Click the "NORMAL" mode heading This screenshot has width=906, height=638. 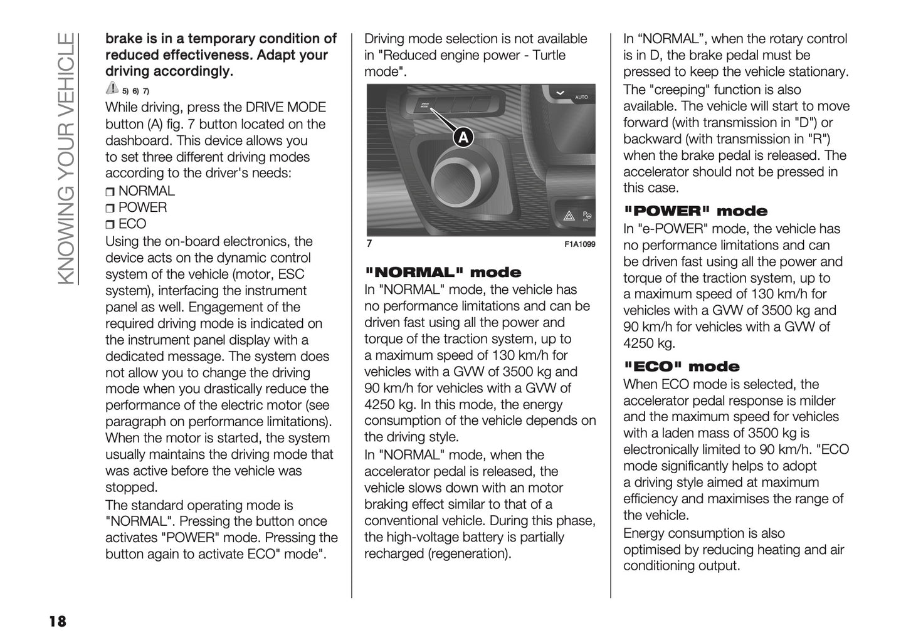coord(443,273)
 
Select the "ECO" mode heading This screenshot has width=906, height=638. coord(682,367)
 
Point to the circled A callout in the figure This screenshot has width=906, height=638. coord(463,137)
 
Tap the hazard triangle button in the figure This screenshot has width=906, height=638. coord(569,216)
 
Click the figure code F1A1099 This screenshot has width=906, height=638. coord(579,244)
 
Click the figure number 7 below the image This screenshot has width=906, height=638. coord(369,244)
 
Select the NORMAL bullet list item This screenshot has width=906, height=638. coord(146,191)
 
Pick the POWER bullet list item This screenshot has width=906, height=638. coord(142,207)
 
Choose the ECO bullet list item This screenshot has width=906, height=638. coord(132,224)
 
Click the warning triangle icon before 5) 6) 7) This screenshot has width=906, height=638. coord(112,88)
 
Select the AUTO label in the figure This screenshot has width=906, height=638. coord(581,98)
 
